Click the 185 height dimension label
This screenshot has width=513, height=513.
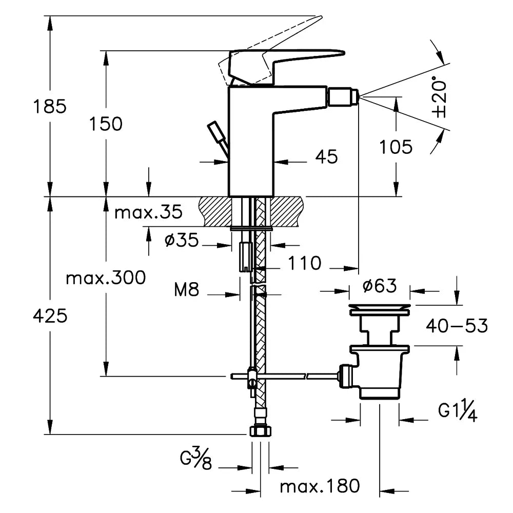50,107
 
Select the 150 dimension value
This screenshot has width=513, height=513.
106,124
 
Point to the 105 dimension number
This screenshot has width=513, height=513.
396,147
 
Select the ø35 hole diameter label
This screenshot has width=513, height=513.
181,241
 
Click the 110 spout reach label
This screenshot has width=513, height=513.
304,263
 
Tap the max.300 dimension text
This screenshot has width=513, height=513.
106,278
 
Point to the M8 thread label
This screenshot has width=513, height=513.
186,290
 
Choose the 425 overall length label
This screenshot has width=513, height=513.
50,316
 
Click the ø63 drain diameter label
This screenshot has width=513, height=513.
379,286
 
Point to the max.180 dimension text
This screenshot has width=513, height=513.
320,486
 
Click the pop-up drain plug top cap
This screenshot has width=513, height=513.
379,309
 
